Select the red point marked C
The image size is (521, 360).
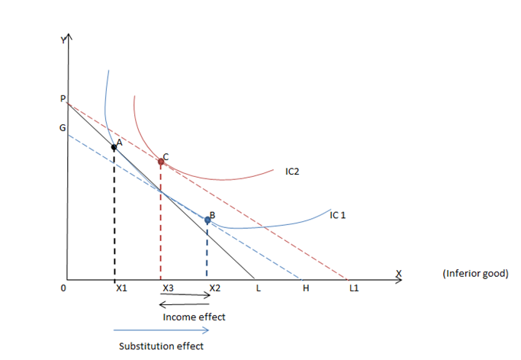point(160,161)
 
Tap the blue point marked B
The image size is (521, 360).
point(207,220)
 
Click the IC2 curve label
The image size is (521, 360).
point(292,172)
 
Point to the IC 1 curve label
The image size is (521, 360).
point(338,215)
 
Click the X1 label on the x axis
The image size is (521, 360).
point(121,288)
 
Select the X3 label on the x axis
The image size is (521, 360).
point(168,288)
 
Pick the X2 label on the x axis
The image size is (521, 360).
point(215,288)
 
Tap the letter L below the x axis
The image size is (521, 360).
point(259,288)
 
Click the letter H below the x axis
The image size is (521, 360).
point(306,288)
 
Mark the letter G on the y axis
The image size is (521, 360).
point(63,128)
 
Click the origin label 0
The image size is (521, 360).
point(64,288)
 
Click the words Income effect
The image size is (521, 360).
point(194,317)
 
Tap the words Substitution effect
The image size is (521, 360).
point(161,346)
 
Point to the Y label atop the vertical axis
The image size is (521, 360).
point(65,39)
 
